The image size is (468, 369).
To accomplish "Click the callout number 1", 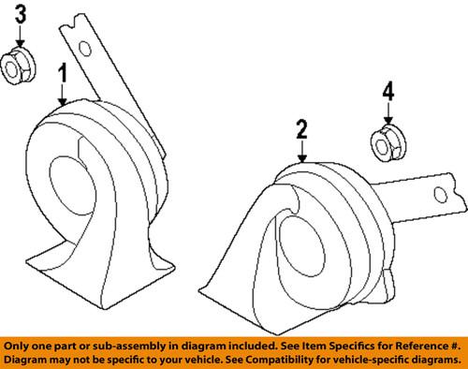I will click(x=63, y=74).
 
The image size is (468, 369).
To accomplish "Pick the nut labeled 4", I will click(x=385, y=142).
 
